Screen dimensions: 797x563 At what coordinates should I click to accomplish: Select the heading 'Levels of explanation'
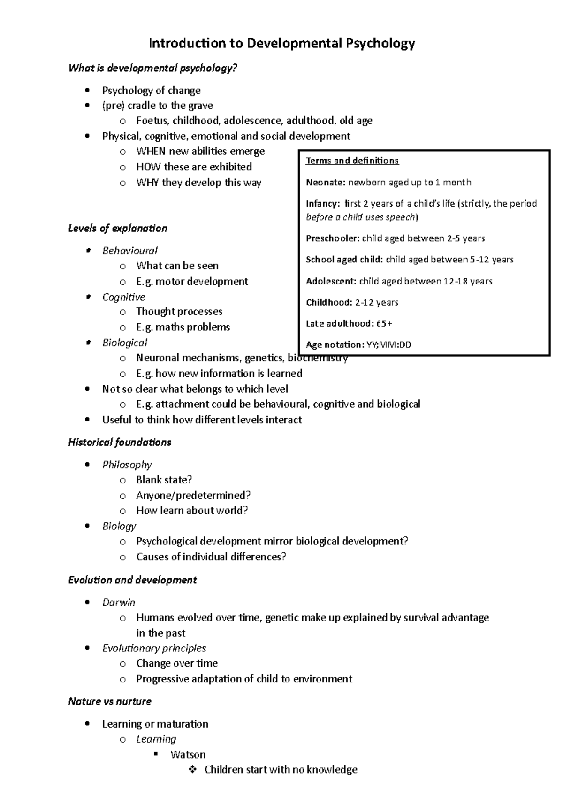click(x=118, y=229)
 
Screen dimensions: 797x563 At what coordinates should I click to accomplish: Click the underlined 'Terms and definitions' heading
click(x=352, y=161)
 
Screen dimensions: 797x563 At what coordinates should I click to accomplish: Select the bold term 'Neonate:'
click(x=326, y=182)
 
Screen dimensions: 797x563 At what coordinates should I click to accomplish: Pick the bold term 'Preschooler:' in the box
click(x=333, y=238)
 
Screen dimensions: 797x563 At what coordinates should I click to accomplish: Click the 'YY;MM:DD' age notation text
click(x=388, y=345)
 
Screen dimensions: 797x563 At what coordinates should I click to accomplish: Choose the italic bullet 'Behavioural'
click(x=129, y=251)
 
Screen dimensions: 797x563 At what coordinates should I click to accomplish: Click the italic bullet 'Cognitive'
click(x=123, y=297)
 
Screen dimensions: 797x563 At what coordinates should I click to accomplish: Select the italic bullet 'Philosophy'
click(x=127, y=465)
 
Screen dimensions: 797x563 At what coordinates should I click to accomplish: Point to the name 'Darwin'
click(x=119, y=603)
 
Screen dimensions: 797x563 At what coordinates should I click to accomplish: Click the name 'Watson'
click(x=188, y=755)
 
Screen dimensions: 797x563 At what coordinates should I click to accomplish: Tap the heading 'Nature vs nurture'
click(x=110, y=702)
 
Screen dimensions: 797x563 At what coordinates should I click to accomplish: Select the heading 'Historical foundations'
click(x=120, y=442)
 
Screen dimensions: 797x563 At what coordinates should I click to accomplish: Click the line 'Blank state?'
click(x=164, y=480)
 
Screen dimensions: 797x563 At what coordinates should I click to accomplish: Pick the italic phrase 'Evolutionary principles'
click(x=154, y=648)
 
